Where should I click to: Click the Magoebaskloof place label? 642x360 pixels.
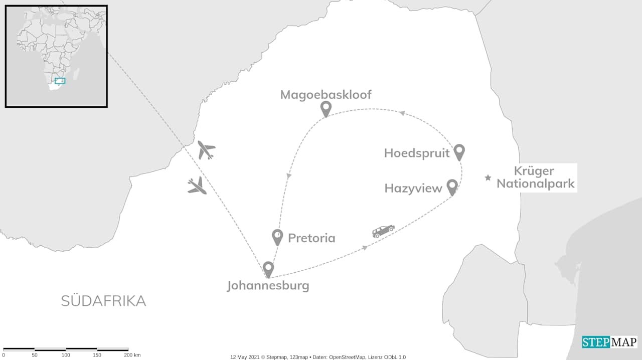click(326, 95)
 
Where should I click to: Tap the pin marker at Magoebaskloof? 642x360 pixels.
click(326, 108)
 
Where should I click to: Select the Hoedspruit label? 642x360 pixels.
click(416, 153)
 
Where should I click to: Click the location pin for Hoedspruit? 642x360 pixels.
click(459, 151)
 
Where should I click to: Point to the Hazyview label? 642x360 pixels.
click(413, 189)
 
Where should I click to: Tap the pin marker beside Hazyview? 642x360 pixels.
click(452, 187)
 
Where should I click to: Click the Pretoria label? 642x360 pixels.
click(311, 238)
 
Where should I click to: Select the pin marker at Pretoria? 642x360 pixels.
click(277, 236)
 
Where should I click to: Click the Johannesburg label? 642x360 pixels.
click(268, 286)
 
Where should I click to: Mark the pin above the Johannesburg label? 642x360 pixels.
click(268, 269)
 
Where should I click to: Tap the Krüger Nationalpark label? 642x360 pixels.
click(535, 177)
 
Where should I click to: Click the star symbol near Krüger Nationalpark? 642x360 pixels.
click(488, 177)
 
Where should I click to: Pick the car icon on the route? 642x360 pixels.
click(383, 231)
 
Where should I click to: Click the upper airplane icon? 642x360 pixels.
click(206, 150)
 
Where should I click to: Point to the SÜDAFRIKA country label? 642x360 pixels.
click(103, 301)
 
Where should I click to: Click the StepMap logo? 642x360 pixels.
click(609, 342)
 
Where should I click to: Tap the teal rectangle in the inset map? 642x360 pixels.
click(60, 81)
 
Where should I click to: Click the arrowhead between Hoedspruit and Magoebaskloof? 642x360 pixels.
click(402, 113)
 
